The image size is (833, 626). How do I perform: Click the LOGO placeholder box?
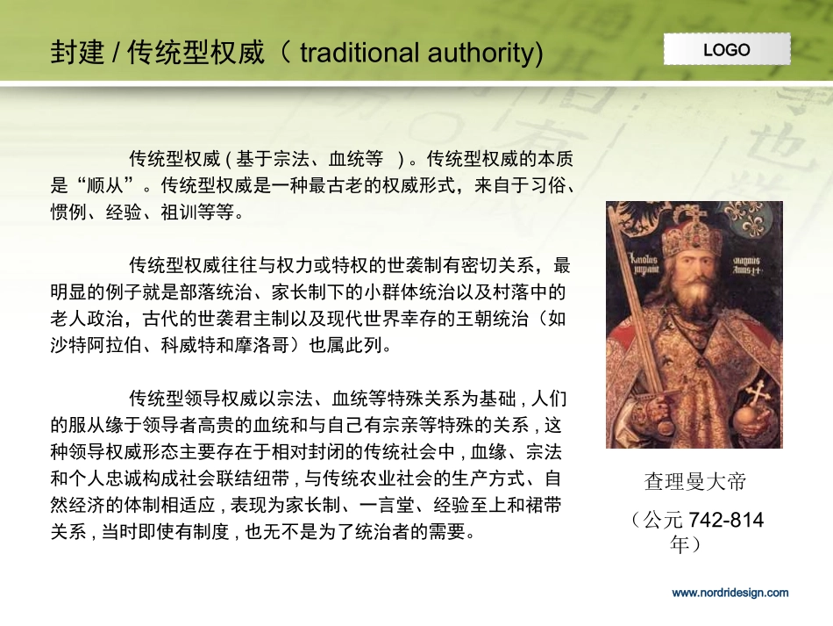726,49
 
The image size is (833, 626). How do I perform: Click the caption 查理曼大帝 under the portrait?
694,482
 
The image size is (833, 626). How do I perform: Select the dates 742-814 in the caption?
726,521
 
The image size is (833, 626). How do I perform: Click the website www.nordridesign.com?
730,593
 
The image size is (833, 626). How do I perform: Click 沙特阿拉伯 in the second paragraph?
89,345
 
